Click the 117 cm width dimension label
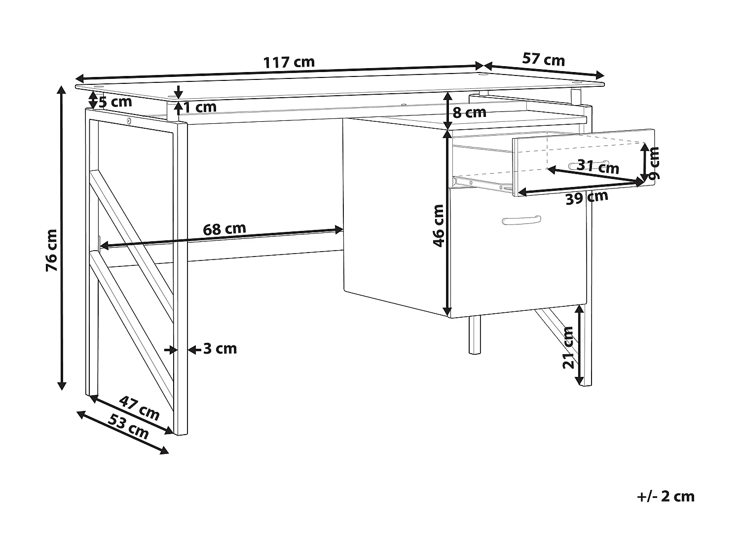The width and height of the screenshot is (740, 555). [289, 63]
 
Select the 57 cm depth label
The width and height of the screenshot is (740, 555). [543, 60]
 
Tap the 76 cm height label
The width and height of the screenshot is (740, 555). [52, 250]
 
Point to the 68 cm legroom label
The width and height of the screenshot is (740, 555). [224, 229]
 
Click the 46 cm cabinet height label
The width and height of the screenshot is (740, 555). [438, 225]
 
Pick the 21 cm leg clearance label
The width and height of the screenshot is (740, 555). [569, 347]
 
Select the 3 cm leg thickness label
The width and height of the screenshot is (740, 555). [220, 349]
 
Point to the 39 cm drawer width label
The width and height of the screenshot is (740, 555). [587, 197]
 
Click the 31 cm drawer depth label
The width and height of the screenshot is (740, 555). [598, 167]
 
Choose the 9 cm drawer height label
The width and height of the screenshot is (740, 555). [654, 163]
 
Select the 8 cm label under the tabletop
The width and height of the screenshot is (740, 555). [469, 112]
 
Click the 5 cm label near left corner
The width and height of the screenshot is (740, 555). [115, 102]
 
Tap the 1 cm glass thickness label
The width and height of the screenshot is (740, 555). [200, 107]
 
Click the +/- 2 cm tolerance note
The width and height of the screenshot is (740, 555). [666, 496]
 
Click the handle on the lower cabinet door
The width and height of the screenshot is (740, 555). [520, 220]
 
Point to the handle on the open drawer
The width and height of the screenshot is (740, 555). [588, 164]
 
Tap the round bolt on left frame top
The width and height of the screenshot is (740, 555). [129, 121]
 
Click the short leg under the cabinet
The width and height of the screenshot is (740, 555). [474, 335]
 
